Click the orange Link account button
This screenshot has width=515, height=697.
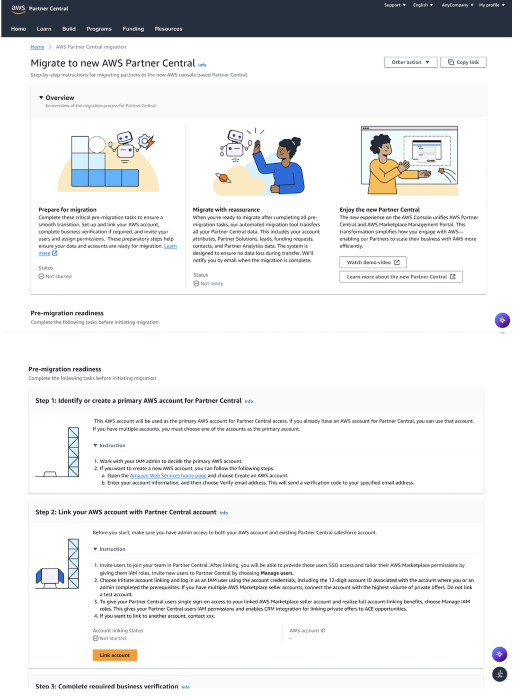(115, 655)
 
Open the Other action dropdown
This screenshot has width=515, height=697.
(410, 62)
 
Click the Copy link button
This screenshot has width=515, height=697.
(463, 62)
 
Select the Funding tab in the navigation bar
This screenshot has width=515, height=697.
(133, 29)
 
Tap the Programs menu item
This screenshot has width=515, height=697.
(99, 29)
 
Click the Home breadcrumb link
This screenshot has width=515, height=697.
(37, 47)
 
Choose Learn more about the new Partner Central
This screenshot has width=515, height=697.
(401, 277)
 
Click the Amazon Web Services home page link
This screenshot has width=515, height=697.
(169, 475)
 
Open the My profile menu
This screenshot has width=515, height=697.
(492, 5)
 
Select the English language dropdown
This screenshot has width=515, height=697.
(423, 5)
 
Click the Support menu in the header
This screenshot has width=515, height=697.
(395, 5)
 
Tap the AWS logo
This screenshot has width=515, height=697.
(18, 9)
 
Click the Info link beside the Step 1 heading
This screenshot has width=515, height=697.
(249, 401)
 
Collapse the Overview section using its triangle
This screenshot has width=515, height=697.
(41, 97)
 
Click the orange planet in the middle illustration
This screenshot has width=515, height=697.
(223, 178)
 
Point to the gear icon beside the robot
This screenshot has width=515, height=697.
(144, 141)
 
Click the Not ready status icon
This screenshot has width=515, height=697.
(196, 283)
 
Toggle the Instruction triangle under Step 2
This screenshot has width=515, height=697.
(95, 549)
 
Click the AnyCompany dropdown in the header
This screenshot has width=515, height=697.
(457, 5)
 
